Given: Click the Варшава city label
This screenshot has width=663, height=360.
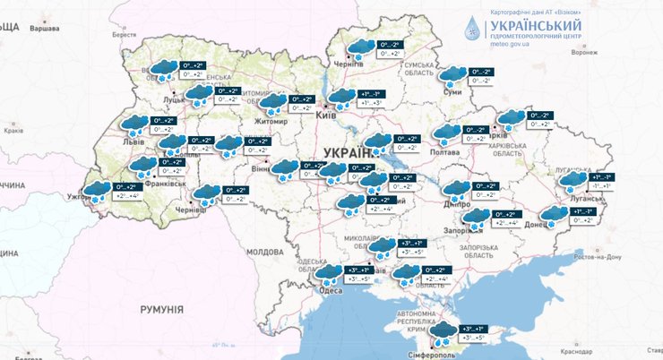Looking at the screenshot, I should tap(45, 29).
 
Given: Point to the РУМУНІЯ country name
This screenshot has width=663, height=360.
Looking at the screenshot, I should tap(161, 309).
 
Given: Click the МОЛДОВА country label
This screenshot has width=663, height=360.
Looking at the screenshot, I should tap(264, 253).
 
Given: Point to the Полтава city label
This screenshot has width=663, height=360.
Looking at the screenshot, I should tap(445, 153).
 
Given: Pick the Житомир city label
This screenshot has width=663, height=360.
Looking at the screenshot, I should tap(271, 120).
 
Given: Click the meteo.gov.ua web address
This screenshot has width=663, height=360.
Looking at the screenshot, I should tap(513, 42).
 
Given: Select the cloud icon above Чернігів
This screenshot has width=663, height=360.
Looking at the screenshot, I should tap(361, 47).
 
